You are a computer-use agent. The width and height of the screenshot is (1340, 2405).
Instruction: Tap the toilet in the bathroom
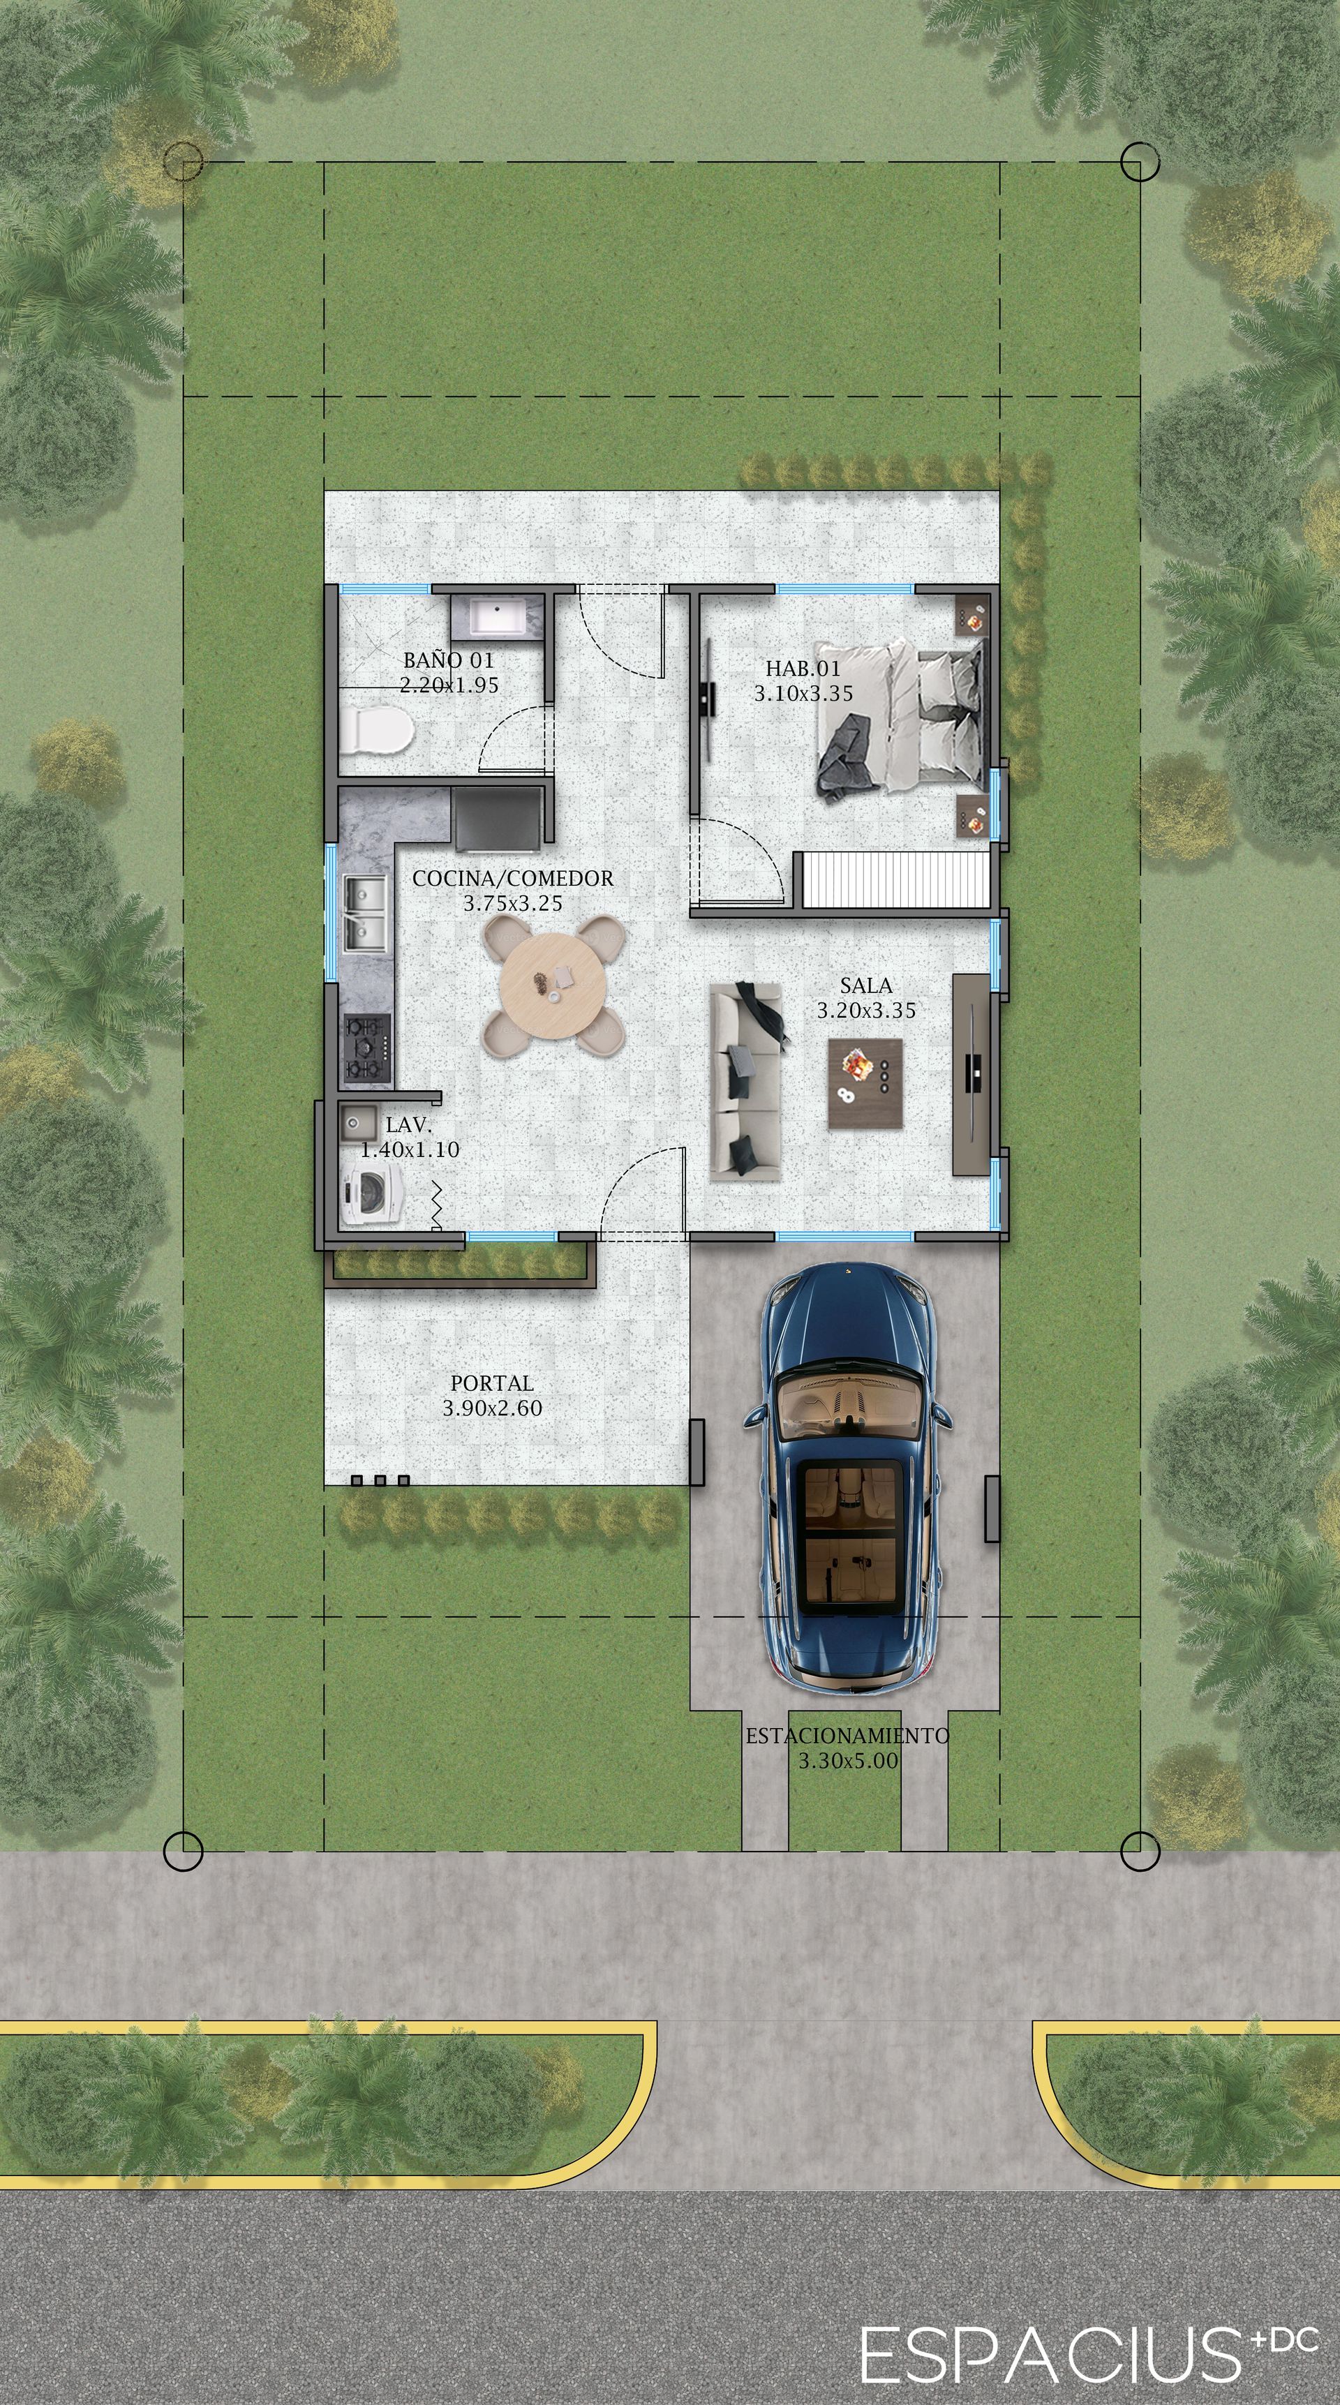[x=375, y=730]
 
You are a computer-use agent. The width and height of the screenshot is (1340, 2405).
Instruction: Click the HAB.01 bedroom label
[x=803, y=669]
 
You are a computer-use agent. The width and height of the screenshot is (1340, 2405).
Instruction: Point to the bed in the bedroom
[x=900, y=720]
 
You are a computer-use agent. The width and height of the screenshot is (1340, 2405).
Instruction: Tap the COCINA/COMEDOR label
[x=513, y=879]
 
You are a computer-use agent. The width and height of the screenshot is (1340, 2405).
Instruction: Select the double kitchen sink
[x=365, y=912]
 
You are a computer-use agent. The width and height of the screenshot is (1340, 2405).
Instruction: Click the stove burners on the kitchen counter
[x=366, y=1048]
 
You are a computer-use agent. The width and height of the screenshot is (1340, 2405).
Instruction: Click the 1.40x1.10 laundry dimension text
[x=410, y=1150]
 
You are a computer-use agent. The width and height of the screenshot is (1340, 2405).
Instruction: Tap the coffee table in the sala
[x=865, y=1084]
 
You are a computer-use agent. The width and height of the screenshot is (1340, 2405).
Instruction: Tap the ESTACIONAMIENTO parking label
[x=847, y=1736]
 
